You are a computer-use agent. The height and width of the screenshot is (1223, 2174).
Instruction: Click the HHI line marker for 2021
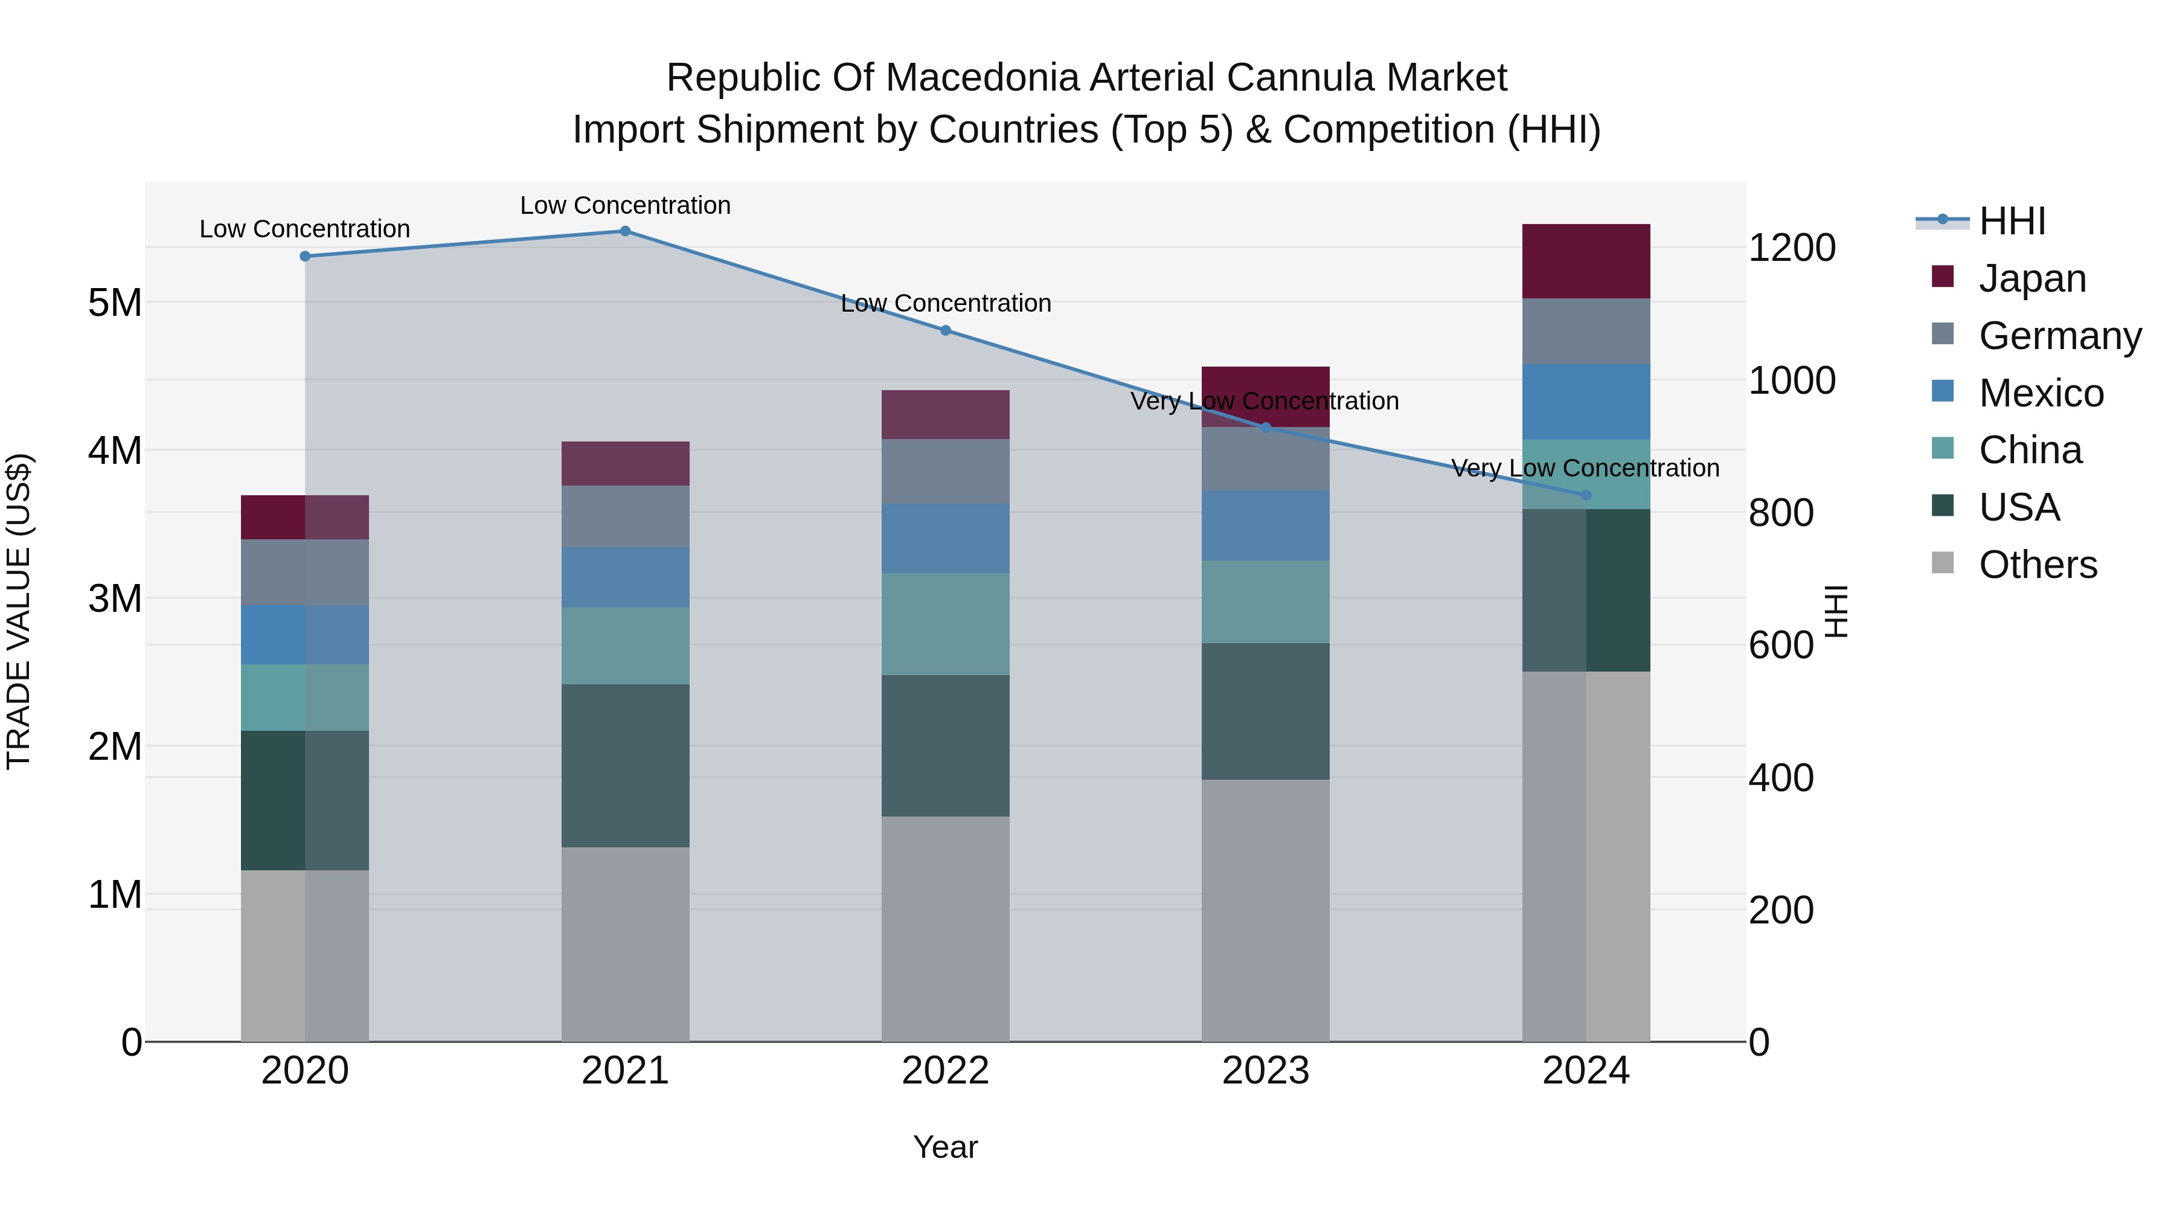(626, 231)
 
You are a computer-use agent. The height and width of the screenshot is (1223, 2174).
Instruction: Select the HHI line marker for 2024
(1586, 495)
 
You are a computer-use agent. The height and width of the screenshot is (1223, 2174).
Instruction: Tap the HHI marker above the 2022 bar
(945, 331)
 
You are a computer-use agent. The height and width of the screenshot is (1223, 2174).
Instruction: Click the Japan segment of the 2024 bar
(1586, 261)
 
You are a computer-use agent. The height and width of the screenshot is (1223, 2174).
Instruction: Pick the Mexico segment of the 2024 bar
(1586, 402)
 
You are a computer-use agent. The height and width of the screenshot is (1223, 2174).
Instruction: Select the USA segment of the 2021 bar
(626, 766)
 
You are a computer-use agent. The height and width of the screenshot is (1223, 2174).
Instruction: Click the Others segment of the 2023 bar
(1265, 910)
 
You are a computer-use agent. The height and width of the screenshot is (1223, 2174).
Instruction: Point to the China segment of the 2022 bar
(945, 624)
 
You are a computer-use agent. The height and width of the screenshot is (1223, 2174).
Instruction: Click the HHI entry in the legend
(2012, 221)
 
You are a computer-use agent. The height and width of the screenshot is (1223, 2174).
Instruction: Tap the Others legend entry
(2038, 565)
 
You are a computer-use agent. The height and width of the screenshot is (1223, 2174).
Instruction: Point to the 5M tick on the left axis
(115, 302)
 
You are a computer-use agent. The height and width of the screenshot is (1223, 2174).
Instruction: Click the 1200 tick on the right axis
(1791, 248)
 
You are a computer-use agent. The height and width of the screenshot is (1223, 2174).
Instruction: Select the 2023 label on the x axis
(1265, 1071)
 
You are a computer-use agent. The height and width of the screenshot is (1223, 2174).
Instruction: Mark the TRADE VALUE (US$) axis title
(19, 611)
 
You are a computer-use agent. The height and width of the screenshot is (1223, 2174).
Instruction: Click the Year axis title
(945, 1147)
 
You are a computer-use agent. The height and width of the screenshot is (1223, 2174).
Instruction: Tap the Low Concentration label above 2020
(305, 229)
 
